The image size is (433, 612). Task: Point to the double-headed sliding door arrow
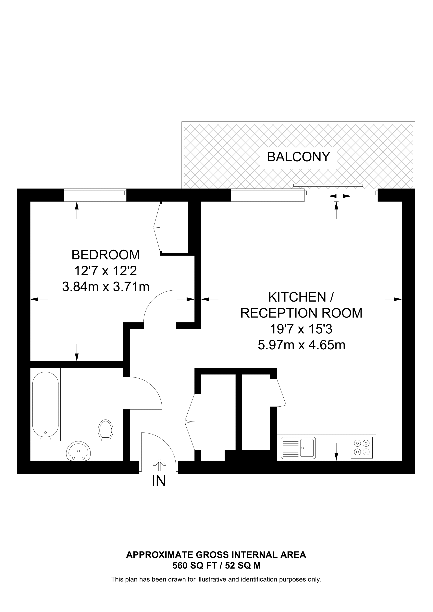click(x=340, y=196)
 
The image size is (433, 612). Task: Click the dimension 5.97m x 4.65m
click(x=302, y=345)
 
